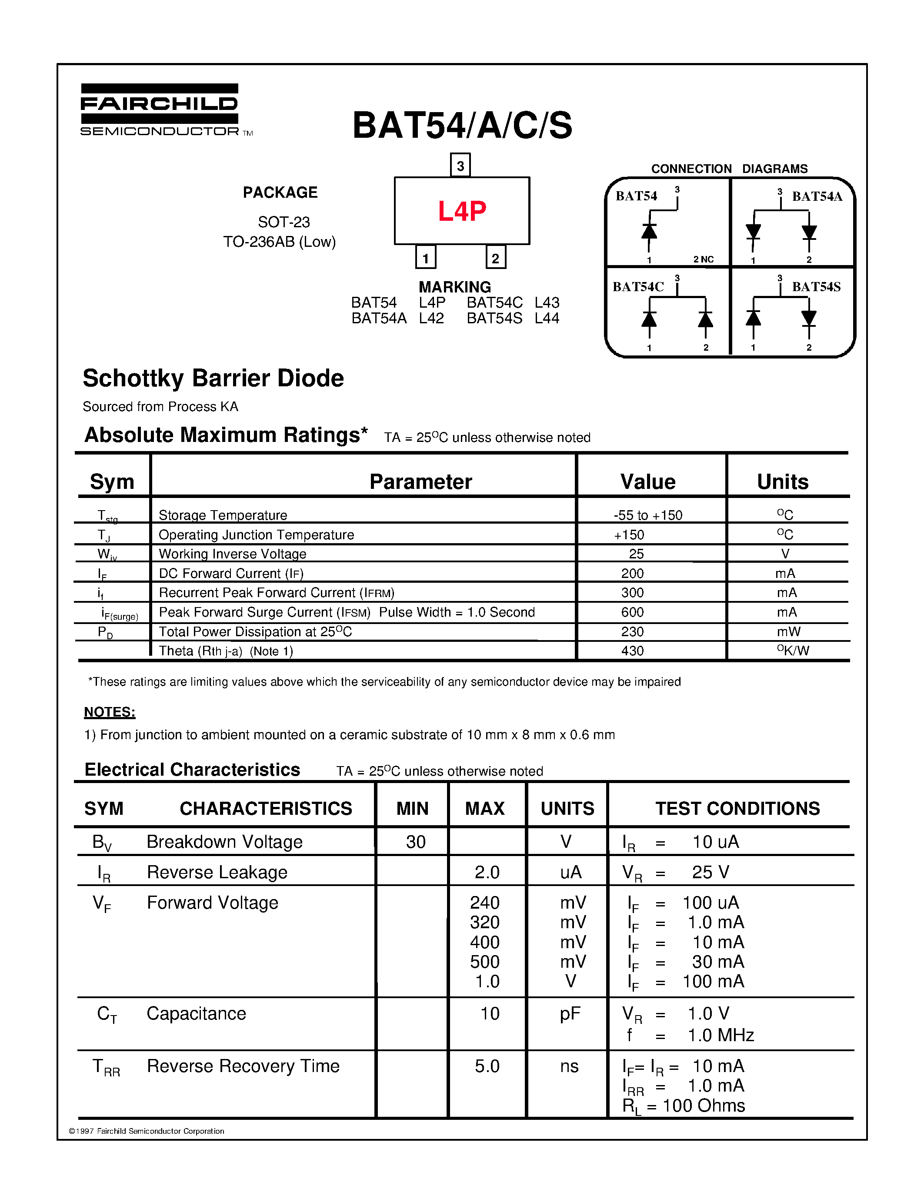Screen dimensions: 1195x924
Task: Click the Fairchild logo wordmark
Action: [159, 104]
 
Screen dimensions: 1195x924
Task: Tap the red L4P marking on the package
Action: [461, 211]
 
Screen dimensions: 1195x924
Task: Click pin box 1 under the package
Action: [425, 258]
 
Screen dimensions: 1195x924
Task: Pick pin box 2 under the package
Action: [495, 258]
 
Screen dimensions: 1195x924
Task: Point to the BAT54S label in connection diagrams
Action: [816, 287]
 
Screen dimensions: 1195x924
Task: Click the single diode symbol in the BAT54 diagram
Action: [649, 232]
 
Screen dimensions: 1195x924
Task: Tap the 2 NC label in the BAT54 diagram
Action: [704, 259]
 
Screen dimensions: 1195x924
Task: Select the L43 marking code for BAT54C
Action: [547, 302]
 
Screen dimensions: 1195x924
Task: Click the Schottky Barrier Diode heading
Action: [213, 378]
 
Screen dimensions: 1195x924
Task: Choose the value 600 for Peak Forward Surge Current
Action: [632, 612]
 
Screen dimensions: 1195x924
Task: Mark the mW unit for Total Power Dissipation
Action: [788, 632]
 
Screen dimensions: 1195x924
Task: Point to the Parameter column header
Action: [420, 482]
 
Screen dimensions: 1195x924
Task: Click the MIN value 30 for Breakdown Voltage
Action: [415, 842]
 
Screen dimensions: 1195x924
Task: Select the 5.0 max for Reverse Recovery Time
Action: [487, 1066]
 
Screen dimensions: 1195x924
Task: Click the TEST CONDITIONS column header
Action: [737, 809]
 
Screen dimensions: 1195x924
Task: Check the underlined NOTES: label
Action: [110, 712]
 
